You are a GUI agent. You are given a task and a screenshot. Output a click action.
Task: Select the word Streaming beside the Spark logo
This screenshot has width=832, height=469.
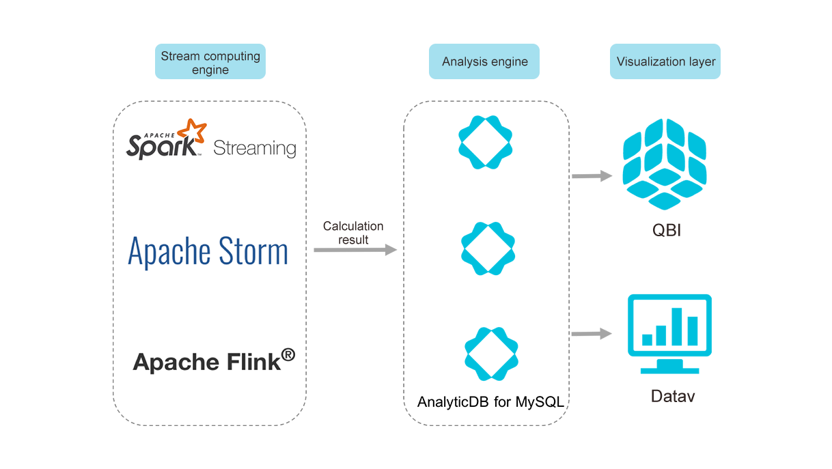tap(255, 147)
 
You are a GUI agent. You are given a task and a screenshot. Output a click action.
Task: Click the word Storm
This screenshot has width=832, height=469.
tap(247, 251)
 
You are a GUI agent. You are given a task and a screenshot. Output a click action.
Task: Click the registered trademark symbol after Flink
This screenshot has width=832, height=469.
tap(288, 355)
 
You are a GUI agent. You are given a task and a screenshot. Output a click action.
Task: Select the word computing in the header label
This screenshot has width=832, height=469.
tap(229, 56)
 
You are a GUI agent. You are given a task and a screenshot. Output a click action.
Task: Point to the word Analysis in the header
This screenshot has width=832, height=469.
tap(463, 61)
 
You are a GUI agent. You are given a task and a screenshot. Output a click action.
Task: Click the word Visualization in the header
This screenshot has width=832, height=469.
tap(650, 61)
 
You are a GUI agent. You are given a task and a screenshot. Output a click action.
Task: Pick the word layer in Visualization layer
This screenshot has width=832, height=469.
tap(702, 61)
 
